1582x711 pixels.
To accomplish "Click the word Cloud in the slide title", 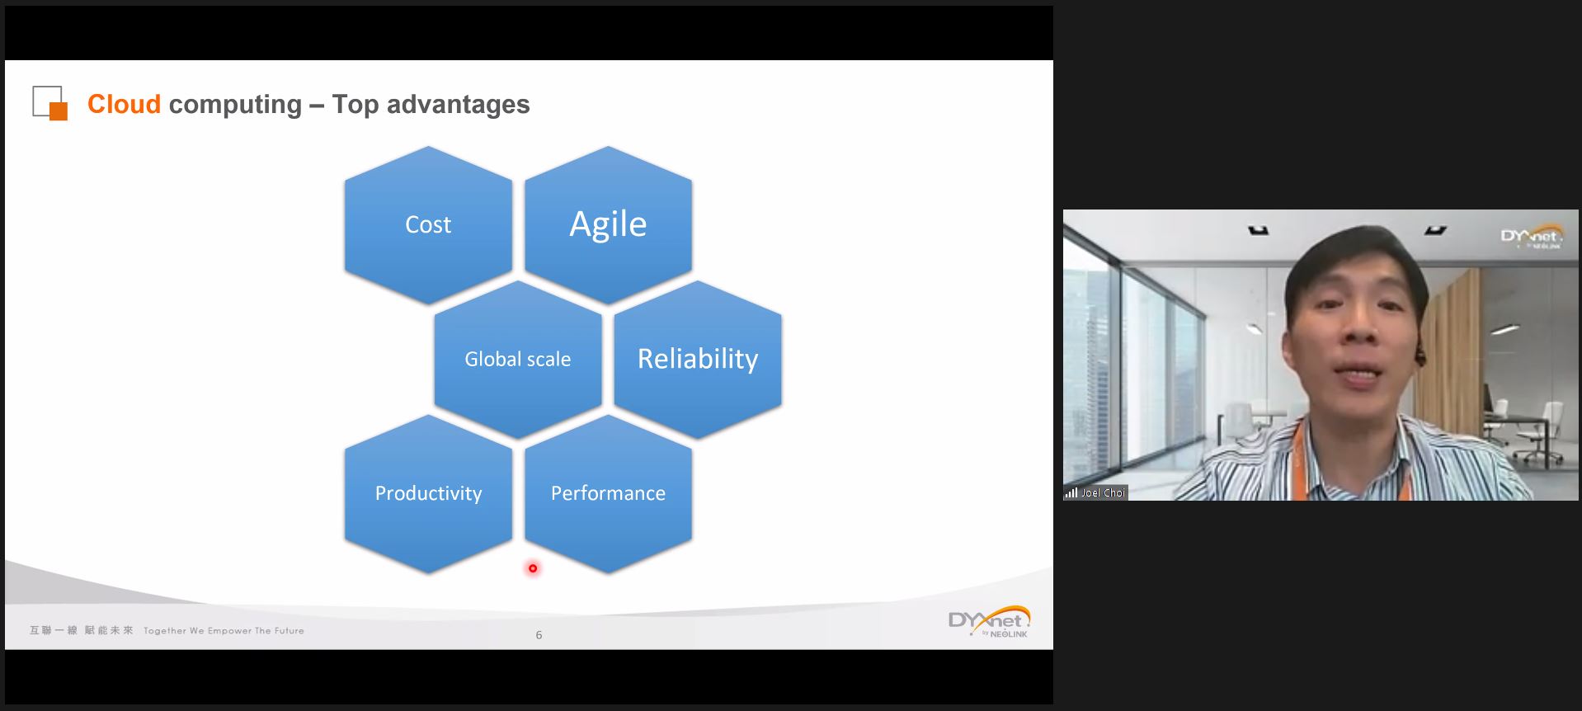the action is pos(124,104).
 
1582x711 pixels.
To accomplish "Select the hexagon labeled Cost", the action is pos(428,224).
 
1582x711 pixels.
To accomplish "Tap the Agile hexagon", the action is pos(608,224).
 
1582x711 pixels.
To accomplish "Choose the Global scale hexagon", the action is pos(518,359).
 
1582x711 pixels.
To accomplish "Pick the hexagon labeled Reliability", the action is pos(698,359).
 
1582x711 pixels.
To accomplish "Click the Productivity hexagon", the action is pos(428,493).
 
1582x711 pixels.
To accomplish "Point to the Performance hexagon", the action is pos(608,493).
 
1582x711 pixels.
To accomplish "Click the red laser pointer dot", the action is pos(533,568).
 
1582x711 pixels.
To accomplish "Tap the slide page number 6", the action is pos(539,635).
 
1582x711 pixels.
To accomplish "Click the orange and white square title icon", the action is pos(49,103).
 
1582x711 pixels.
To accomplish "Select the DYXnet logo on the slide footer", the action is pos(989,622).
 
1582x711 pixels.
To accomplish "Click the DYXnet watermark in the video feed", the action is pos(1531,238).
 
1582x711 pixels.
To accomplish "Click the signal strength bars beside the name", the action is pos(1071,492).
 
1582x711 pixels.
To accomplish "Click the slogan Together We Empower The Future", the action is pos(224,631).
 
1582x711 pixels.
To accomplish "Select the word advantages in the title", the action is pos(458,105).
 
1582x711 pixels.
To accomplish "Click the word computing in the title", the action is pos(235,106).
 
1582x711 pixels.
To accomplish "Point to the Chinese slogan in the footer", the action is pos(81,631).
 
